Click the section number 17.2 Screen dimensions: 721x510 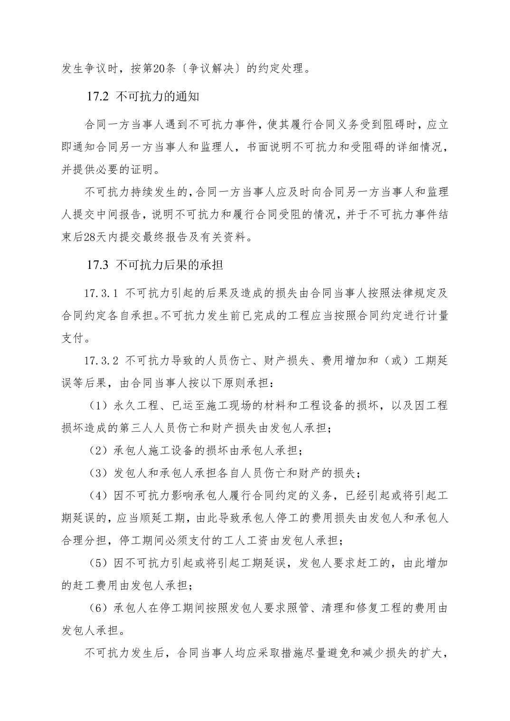tap(98, 97)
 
